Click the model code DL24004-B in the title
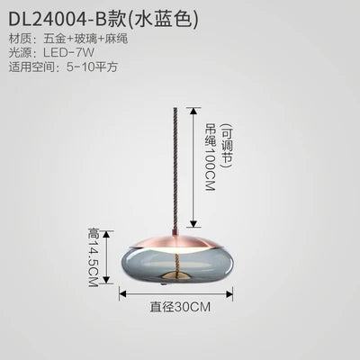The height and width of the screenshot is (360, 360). tap(58, 19)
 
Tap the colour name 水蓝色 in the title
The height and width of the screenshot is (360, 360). tap(163, 19)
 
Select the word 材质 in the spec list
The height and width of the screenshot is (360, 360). tap(20, 39)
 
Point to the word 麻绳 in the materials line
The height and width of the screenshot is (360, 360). tap(117, 39)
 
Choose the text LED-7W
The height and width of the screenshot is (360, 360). tap(68, 53)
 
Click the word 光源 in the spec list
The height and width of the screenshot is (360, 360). tap(20, 53)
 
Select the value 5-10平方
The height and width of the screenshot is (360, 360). tap(92, 67)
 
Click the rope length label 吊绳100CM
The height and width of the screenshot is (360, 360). tap(210, 157)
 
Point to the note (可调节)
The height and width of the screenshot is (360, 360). tap(227, 146)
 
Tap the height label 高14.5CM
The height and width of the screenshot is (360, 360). tap(93, 257)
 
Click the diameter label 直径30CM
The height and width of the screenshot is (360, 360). tap(180, 307)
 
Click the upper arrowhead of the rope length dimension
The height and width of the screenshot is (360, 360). tap(193, 111)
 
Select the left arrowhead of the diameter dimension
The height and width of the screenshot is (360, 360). tap(123, 293)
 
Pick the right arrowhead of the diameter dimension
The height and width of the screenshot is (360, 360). tap(229, 293)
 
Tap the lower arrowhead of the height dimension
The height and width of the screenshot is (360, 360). tap(106, 280)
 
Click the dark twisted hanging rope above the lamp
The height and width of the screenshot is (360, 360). tap(176, 168)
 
